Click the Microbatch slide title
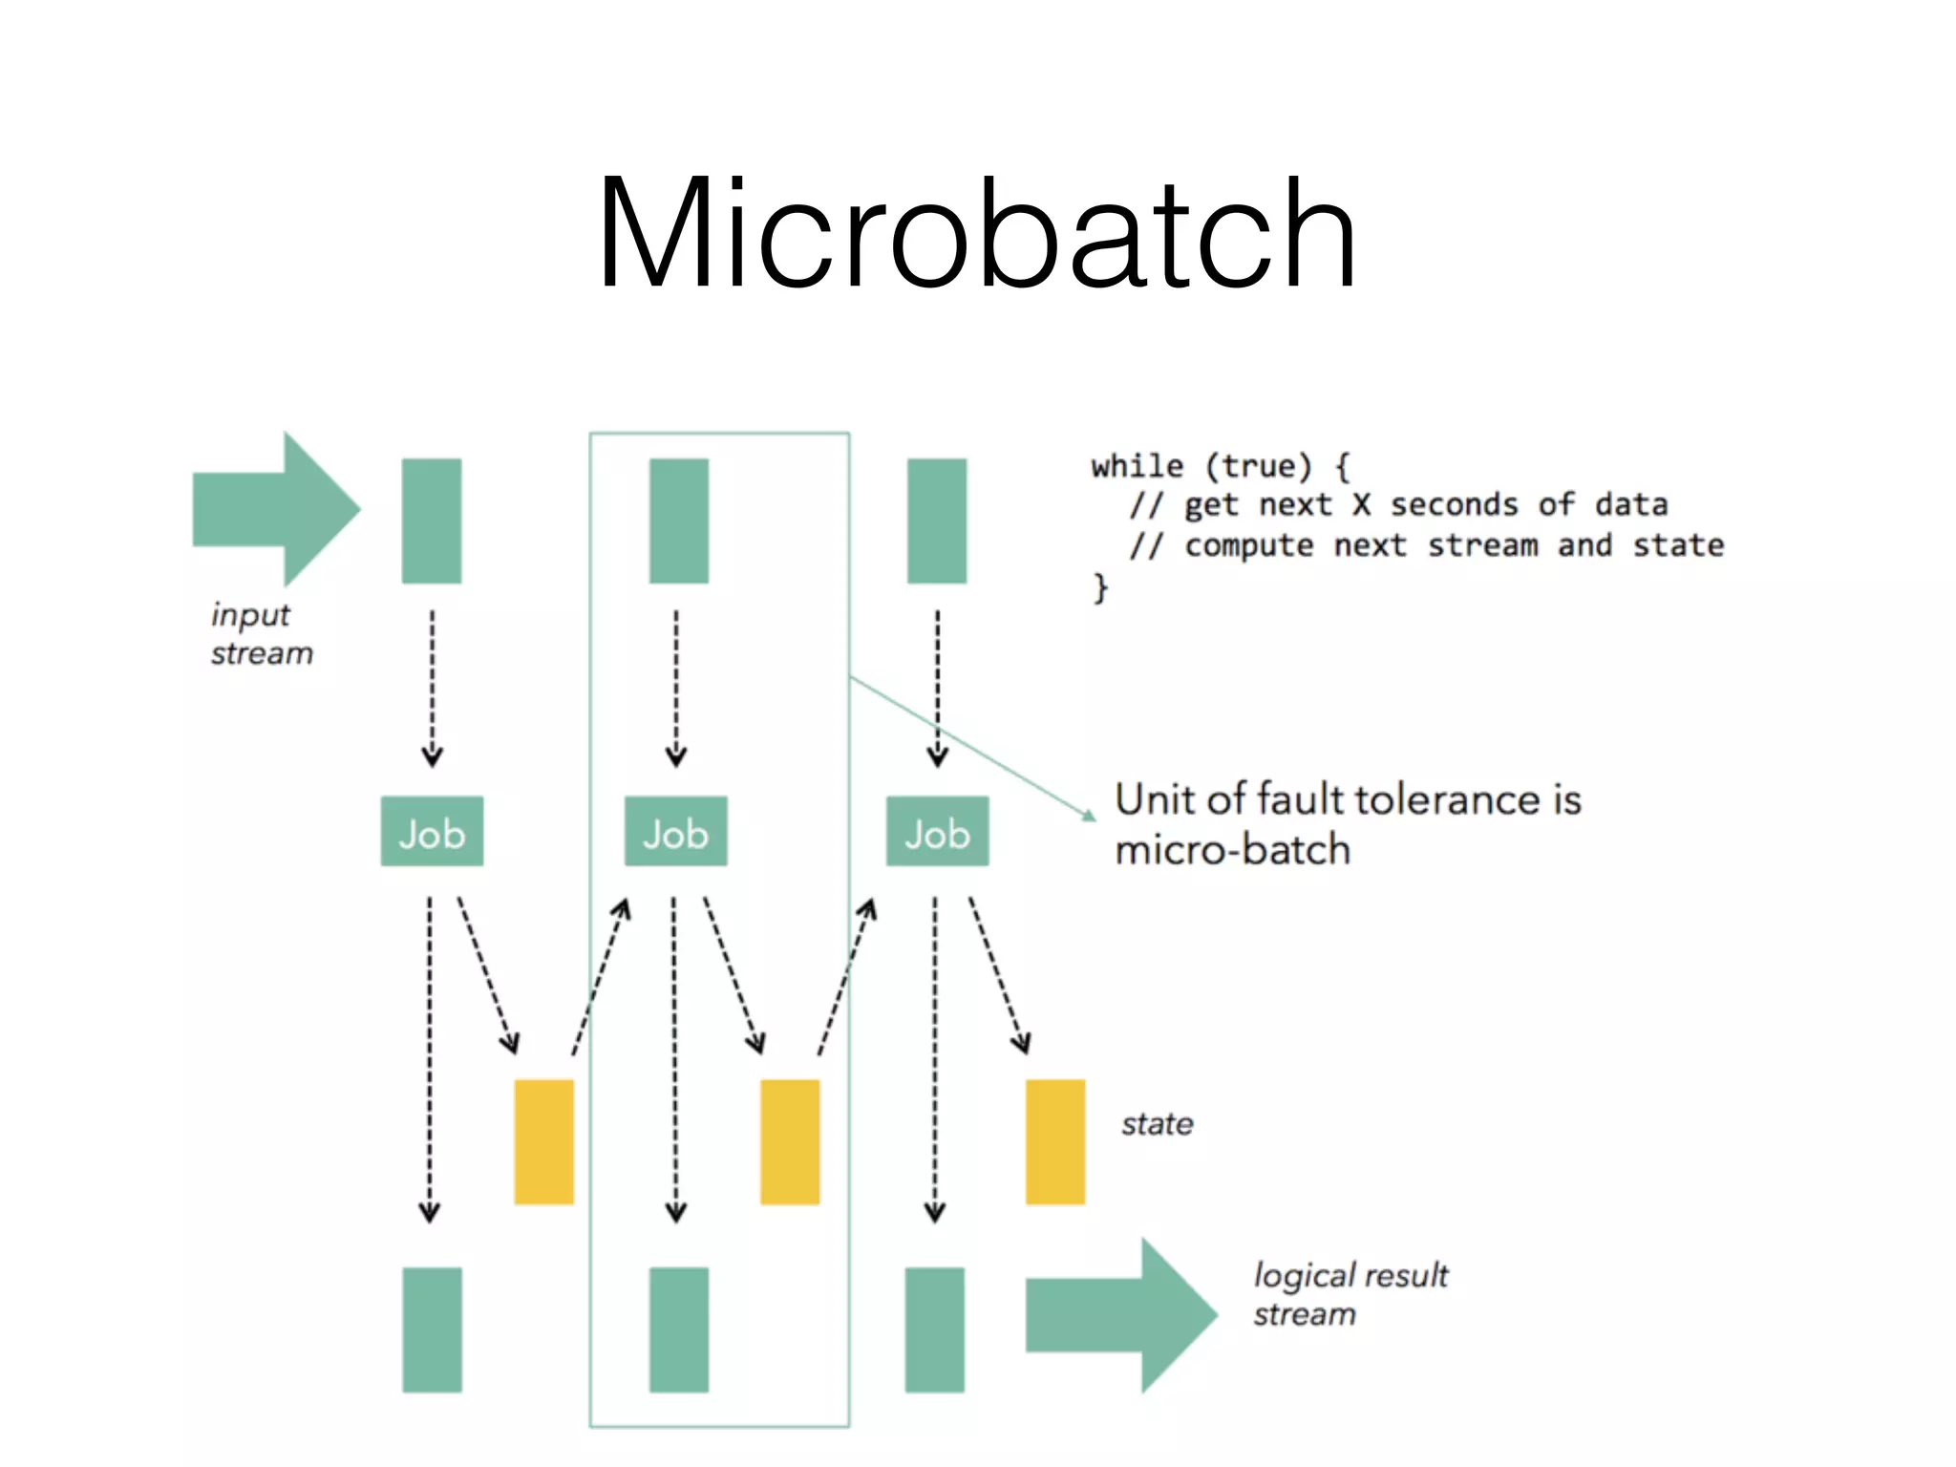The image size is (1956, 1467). point(976,234)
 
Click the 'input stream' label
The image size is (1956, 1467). point(260,634)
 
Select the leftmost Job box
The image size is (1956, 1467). point(432,832)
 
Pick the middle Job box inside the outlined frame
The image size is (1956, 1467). point(675,832)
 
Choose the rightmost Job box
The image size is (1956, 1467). point(937,832)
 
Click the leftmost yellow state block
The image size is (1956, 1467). point(543,1141)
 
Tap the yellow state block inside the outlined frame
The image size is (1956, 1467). point(790,1141)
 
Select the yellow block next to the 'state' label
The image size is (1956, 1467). point(1054,1141)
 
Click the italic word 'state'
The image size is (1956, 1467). point(1157,1124)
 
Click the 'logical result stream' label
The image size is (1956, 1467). point(1349,1294)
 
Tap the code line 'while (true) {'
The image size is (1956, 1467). point(1220,467)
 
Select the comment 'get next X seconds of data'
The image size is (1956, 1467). point(1425,505)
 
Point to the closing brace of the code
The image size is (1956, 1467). point(1101,586)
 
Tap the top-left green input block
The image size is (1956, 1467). point(432,521)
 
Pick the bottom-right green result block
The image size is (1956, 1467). point(934,1329)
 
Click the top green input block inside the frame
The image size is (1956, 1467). point(678,521)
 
